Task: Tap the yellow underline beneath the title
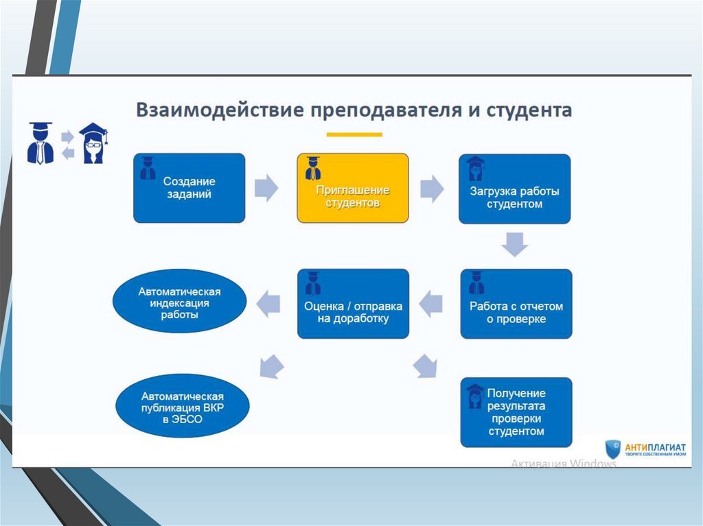(354, 134)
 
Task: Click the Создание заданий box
(189, 188)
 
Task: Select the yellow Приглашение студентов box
(352, 188)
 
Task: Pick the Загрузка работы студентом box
(514, 189)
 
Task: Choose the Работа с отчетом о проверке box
(516, 304)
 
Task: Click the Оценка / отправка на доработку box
(353, 303)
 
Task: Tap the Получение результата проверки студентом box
(516, 412)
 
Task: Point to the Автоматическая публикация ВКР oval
(183, 405)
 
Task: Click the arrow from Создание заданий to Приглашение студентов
(266, 187)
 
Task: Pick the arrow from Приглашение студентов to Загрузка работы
(432, 187)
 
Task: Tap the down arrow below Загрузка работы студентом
(514, 243)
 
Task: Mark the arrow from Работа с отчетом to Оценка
(431, 302)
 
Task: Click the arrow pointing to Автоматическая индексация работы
(269, 302)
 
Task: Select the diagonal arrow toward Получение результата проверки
(426, 366)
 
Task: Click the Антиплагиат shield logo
(613, 450)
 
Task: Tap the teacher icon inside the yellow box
(313, 167)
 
